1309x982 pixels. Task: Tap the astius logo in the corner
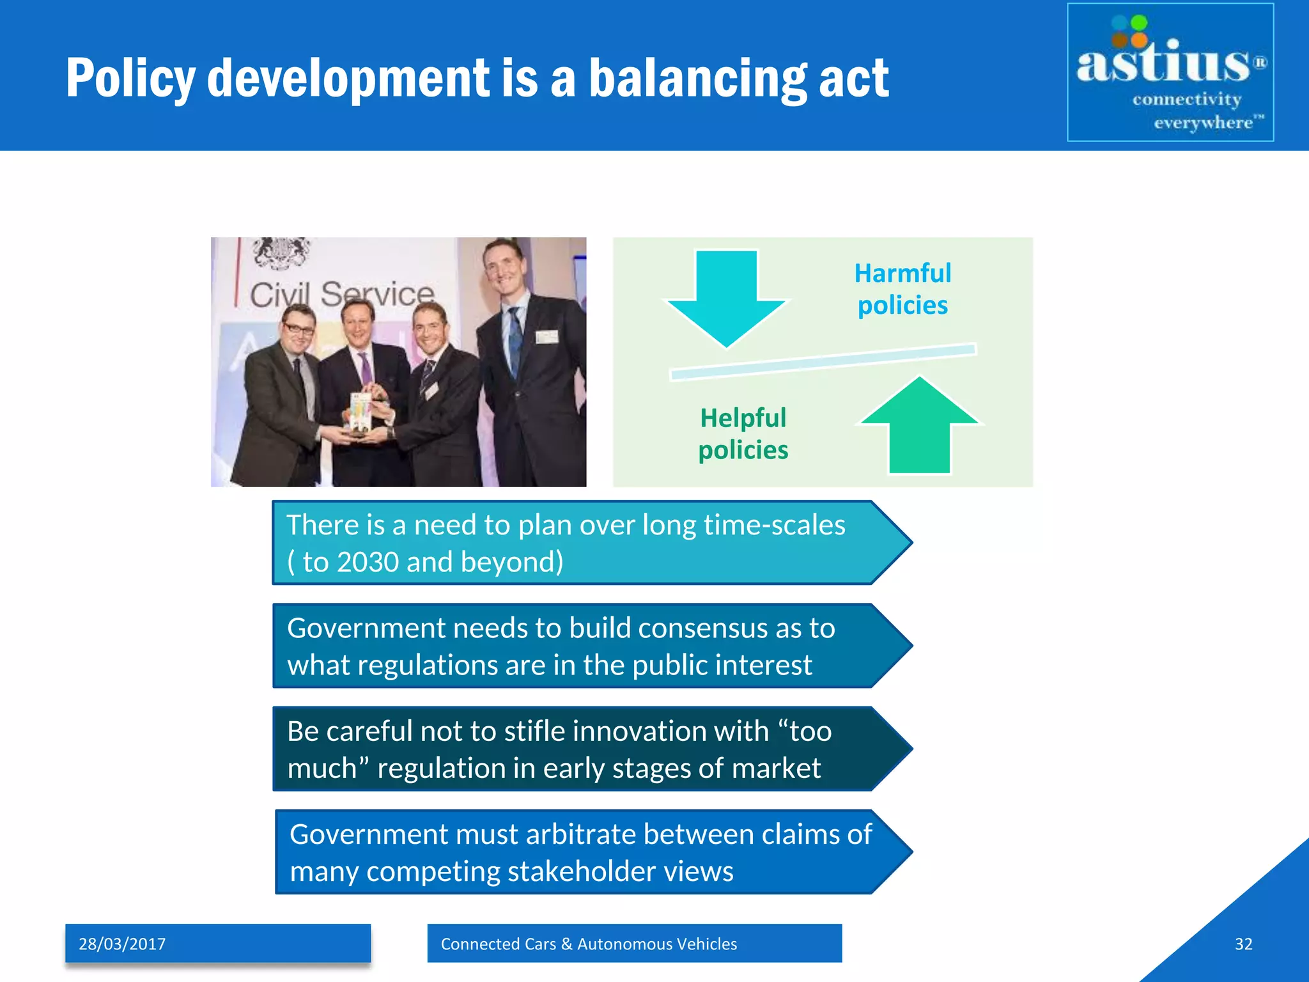pyautogui.click(x=1170, y=72)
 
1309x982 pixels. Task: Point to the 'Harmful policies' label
pyautogui.click(x=902, y=289)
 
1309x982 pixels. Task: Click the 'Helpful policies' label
pyautogui.click(x=743, y=434)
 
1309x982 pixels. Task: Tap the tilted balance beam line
pyautogui.click(x=823, y=361)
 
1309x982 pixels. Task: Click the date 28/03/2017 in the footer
pyautogui.click(x=122, y=944)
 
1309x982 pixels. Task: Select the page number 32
pyautogui.click(x=1243, y=944)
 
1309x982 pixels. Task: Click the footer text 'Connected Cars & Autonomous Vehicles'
pyautogui.click(x=589, y=944)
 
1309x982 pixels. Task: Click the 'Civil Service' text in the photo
pyautogui.click(x=341, y=295)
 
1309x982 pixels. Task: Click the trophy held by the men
pyautogui.click(x=360, y=414)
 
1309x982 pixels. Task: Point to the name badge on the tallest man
pyautogui.click(x=546, y=337)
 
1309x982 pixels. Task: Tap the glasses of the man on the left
pyautogui.click(x=298, y=329)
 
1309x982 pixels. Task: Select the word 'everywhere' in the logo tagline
pyautogui.click(x=1203, y=122)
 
